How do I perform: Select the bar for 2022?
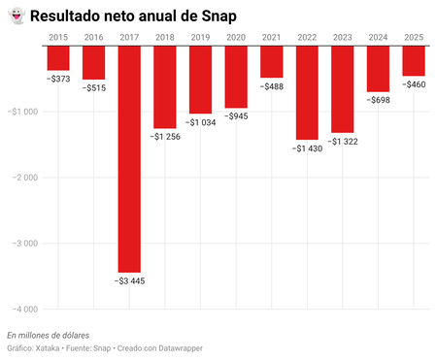pos(307,92)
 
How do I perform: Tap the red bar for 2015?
pos(58,58)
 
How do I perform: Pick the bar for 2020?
pos(236,77)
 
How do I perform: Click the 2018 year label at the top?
pos(165,37)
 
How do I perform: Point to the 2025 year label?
pos(414,37)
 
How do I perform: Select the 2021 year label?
pos(272,37)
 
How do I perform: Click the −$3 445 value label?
pos(129,281)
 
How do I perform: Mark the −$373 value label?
pos(58,80)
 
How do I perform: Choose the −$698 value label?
pos(378,101)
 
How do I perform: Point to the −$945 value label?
pos(236,116)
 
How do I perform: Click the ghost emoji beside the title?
pos(16,16)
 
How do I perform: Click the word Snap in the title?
pos(217,16)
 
